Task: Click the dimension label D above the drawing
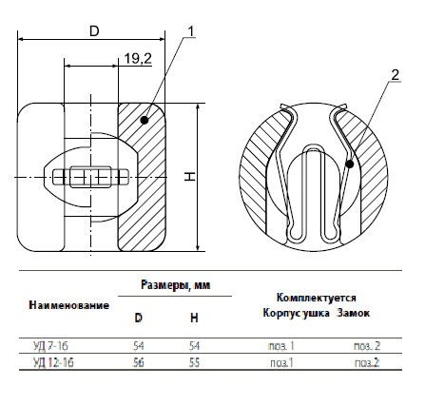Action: pos(94,31)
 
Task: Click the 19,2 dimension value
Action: pos(138,58)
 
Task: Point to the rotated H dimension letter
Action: pos(190,177)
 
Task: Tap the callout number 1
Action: pos(190,31)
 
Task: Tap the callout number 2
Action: pos(395,75)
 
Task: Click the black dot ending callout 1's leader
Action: pos(145,120)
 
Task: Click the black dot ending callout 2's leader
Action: pos(350,164)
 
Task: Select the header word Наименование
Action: pos(69,305)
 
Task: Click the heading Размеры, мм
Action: pos(175,285)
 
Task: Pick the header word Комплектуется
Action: pos(317,298)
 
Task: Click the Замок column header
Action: pos(353,313)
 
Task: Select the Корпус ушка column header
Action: pos(296,313)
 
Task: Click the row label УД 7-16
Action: pos(50,346)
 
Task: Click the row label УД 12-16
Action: pos(53,362)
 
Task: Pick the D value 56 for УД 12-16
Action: pos(139,362)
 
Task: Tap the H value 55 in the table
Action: pos(194,362)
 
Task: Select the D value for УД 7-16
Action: pos(139,346)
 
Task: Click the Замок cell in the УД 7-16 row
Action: pos(367,346)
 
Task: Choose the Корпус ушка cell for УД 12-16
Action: pos(281,362)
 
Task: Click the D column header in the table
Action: pos(139,318)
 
